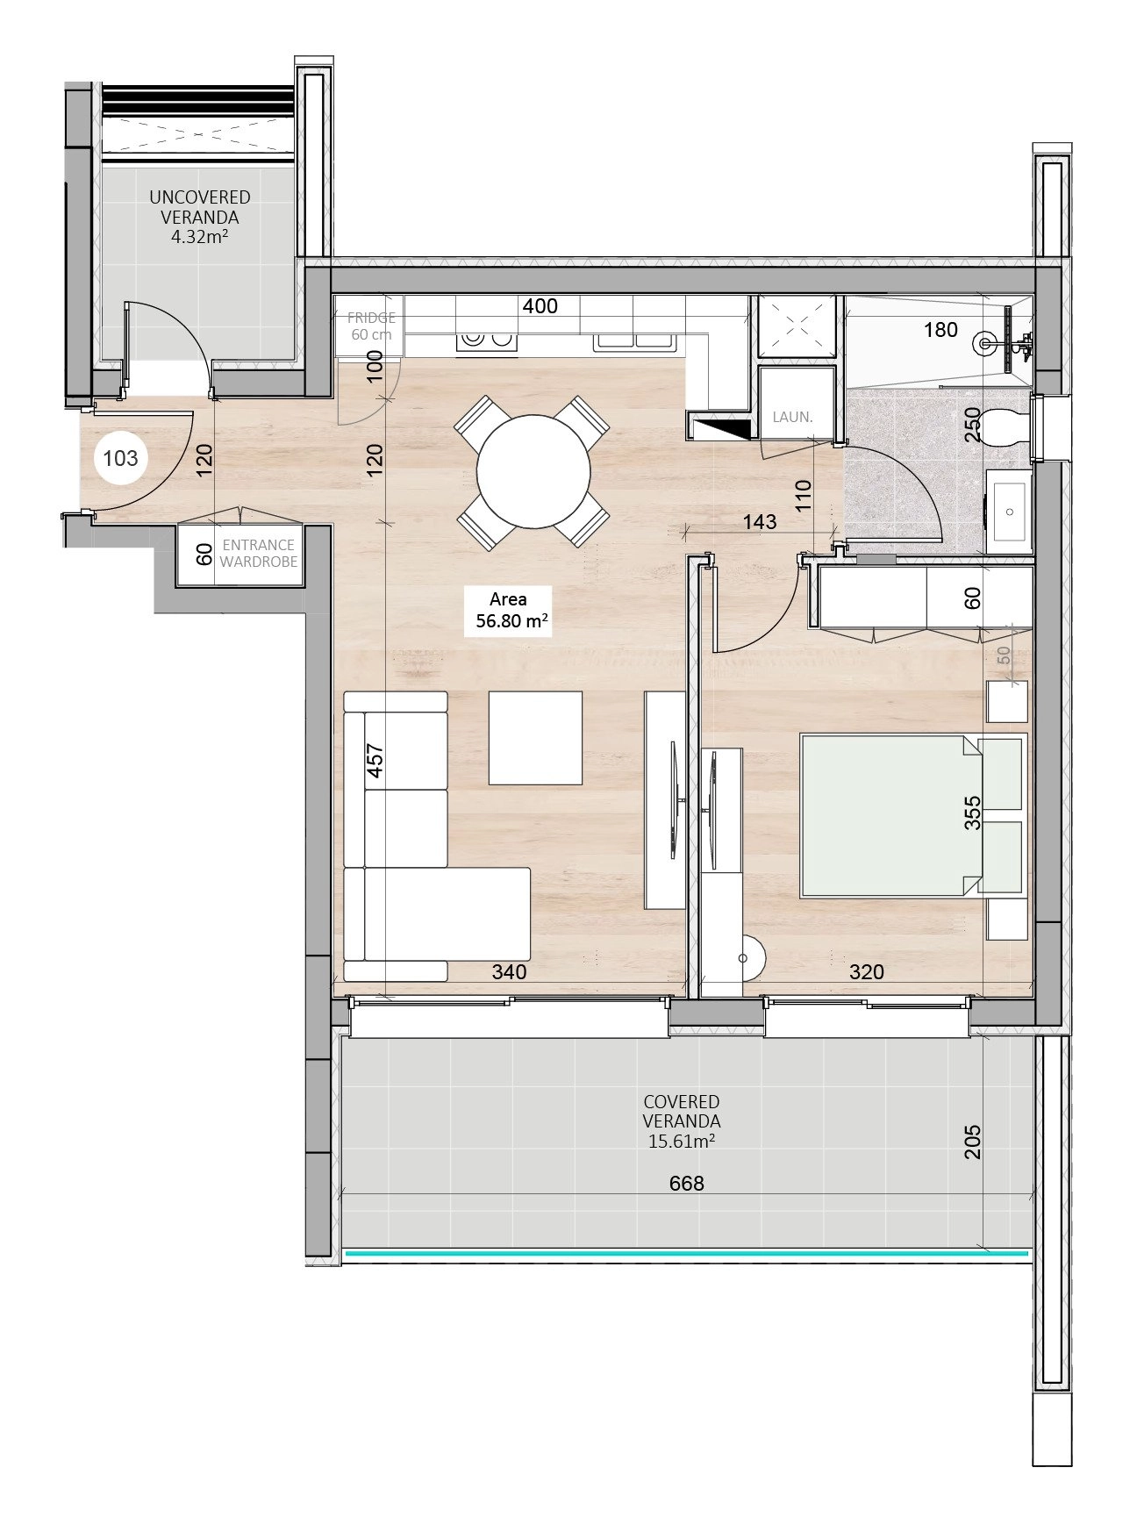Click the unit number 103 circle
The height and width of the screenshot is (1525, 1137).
(120, 457)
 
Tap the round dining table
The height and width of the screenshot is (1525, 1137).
(533, 471)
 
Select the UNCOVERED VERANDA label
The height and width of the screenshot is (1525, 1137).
(200, 216)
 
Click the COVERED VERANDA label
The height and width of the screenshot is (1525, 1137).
(682, 1120)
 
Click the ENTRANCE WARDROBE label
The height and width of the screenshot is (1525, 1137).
(258, 553)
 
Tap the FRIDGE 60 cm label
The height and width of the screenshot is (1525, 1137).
(371, 326)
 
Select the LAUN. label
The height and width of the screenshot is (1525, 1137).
(793, 417)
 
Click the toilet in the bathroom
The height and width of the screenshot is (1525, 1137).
(1006, 427)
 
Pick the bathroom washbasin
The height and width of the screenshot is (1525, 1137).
(1009, 512)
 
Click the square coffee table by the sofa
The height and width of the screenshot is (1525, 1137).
(536, 738)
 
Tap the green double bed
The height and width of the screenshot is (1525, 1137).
(912, 816)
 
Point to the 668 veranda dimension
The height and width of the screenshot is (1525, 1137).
(686, 1183)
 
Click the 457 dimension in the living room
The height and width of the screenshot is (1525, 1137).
(375, 761)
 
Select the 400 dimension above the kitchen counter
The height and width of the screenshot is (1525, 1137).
(540, 305)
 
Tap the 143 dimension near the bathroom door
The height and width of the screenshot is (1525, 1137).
(759, 521)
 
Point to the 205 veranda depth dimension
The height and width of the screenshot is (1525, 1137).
(972, 1142)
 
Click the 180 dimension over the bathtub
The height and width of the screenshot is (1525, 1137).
(940, 330)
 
